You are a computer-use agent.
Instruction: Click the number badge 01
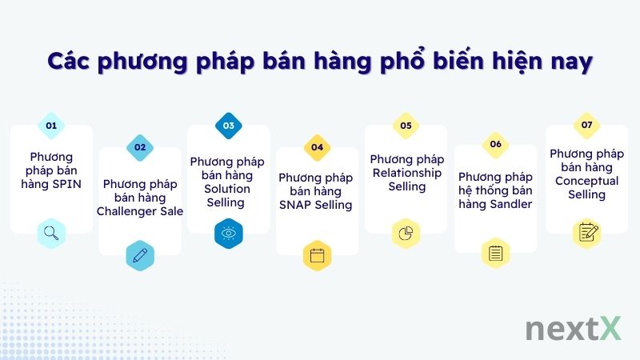(x=51, y=126)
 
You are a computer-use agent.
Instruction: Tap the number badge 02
(x=140, y=147)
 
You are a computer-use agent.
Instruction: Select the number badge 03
(x=229, y=126)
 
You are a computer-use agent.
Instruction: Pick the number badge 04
(x=318, y=147)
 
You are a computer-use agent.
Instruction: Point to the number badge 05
(x=406, y=126)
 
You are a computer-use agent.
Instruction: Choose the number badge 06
(x=495, y=144)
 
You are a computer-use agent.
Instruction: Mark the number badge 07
(x=586, y=126)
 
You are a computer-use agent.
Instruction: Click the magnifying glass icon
(x=51, y=234)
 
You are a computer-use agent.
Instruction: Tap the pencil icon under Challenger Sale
(x=140, y=255)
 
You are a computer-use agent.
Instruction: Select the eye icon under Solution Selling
(x=229, y=234)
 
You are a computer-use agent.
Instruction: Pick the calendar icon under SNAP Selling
(x=318, y=255)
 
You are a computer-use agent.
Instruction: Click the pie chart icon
(x=406, y=234)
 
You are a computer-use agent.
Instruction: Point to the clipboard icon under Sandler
(x=495, y=254)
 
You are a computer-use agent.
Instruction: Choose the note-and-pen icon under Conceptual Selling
(x=586, y=233)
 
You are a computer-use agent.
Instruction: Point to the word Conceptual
(x=587, y=181)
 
